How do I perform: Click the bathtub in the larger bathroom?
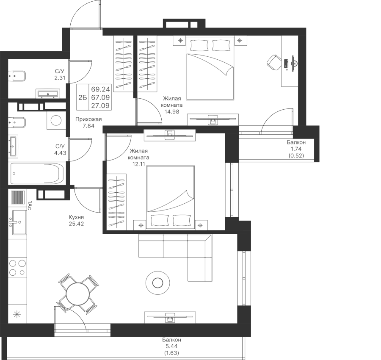37,174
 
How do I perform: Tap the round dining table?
77,294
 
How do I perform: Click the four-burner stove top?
17,268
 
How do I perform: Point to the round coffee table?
157,282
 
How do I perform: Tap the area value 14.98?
171,112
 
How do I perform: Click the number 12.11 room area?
138,164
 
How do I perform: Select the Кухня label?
76,217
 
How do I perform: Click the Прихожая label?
88,119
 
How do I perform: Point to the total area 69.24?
101,89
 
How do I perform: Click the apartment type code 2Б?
83,97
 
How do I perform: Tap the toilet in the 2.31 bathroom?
17,76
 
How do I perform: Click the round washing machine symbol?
56,120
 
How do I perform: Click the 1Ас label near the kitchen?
29,205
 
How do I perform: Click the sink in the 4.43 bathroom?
13,146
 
